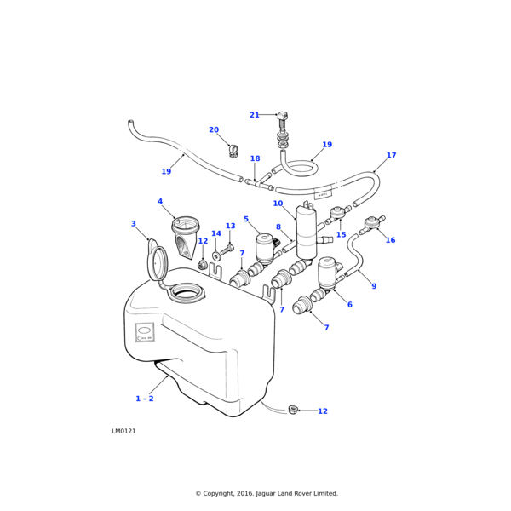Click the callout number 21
point(255,115)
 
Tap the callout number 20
point(214,130)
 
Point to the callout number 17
point(391,156)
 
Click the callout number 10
point(278,204)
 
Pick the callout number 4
point(159,202)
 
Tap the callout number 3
point(133,224)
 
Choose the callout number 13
point(230,227)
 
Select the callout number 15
point(342,234)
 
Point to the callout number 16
point(390,240)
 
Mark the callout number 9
point(374,286)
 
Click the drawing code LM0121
point(123,431)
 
